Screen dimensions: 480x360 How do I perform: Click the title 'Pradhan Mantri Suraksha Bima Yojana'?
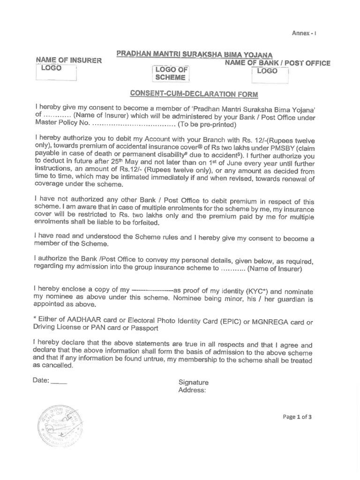pyautogui.click(x=195, y=54)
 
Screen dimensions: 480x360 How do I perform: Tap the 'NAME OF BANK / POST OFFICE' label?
pyautogui.click(x=277, y=63)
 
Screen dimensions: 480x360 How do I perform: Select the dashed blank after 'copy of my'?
pyautogui.click(x=153, y=290)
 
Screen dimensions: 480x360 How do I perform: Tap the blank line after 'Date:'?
pyautogui.click(x=59, y=381)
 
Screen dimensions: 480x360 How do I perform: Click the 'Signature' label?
pyautogui.click(x=194, y=382)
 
